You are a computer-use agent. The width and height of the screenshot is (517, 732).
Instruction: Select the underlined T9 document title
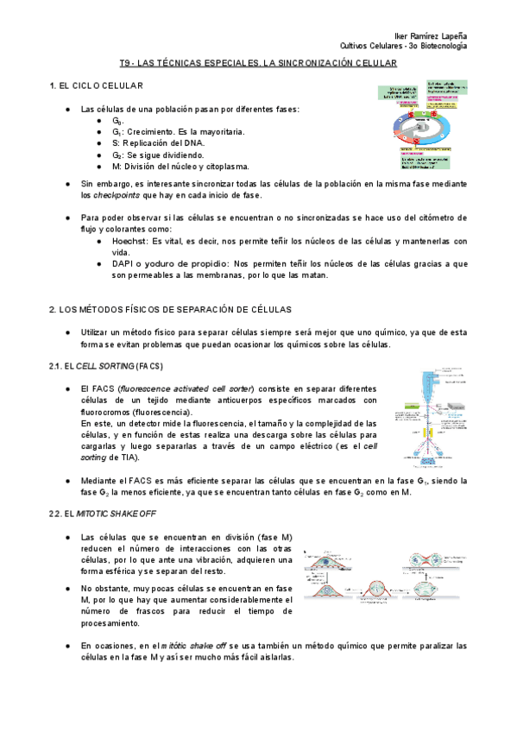pyautogui.click(x=258, y=64)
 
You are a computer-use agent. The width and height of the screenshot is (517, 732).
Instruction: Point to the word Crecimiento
pyautogui.click(x=150, y=132)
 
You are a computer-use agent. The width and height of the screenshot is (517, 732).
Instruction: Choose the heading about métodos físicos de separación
pyautogui.click(x=171, y=309)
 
